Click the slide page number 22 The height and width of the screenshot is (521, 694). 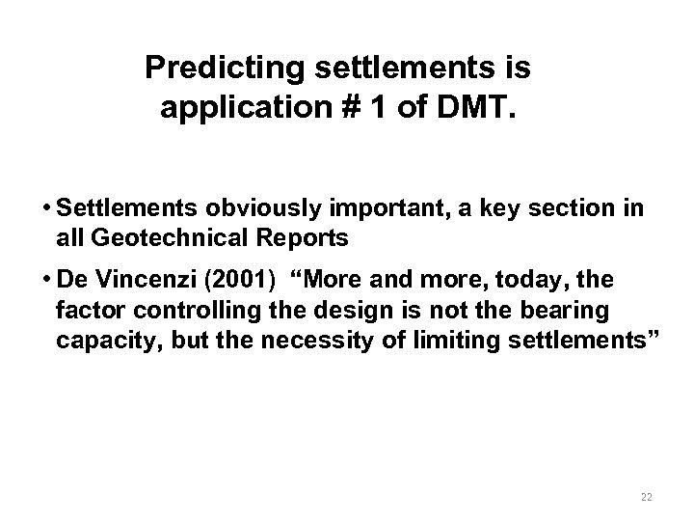[646, 496]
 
